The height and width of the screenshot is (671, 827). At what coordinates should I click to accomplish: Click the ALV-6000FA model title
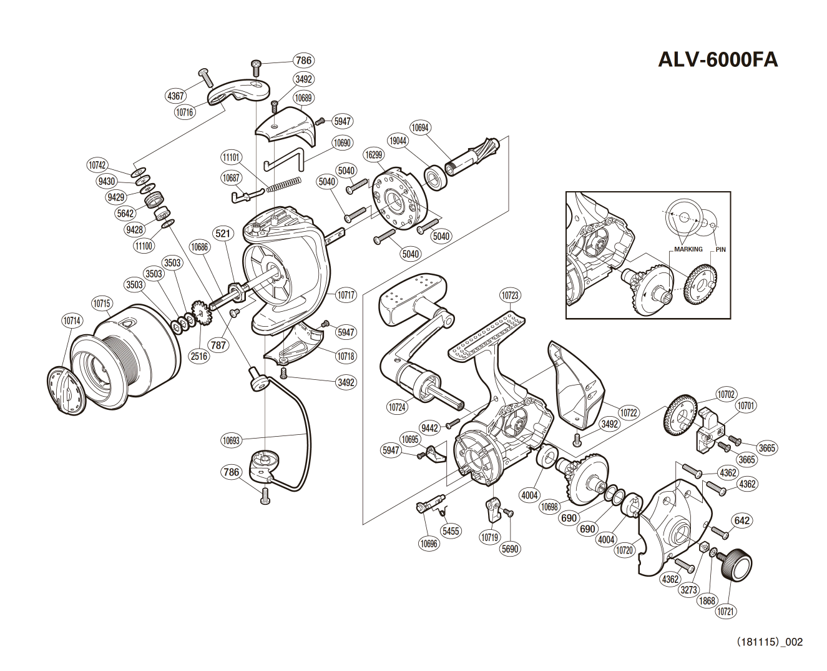point(718,60)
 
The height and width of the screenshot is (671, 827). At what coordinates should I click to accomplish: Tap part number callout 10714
point(72,321)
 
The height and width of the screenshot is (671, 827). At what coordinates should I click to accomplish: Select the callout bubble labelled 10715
point(102,304)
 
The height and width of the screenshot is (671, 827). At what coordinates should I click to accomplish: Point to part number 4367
point(176,96)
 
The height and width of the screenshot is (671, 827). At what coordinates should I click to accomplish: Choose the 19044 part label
point(398,141)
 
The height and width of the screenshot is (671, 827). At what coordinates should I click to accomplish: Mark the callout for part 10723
point(510,295)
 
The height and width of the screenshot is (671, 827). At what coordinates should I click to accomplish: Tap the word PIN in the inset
point(721,249)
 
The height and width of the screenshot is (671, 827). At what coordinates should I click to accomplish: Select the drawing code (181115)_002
point(770,642)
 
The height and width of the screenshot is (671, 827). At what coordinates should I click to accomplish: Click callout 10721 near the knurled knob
point(725,612)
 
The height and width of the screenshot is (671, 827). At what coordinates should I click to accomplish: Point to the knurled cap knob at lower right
point(738,564)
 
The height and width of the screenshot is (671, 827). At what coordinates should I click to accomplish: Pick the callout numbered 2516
point(199,356)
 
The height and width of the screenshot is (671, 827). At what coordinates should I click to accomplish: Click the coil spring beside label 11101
point(284,184)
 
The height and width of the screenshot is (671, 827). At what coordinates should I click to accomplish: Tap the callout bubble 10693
point(231,440)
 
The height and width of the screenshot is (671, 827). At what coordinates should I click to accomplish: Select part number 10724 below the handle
point(397,407)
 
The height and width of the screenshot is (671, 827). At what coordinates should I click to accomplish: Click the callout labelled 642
point(742,520)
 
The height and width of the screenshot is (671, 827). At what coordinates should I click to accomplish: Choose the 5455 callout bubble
point(451,531)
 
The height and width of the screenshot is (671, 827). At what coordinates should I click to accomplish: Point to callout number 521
point(223,234)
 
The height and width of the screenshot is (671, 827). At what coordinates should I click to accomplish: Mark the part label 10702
point(726,394)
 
